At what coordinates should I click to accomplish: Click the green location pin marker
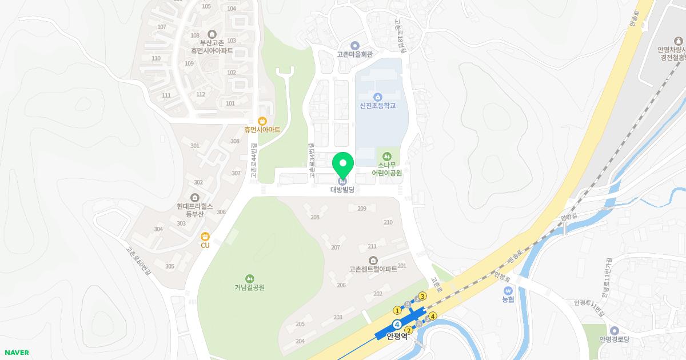coord(343,165)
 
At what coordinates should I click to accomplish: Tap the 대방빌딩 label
coord(342,190)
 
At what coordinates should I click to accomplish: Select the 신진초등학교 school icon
coord(377,96)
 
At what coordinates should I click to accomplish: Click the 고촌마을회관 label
coord(354,55)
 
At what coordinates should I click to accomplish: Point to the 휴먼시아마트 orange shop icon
coord(262,121)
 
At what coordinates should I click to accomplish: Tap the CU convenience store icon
coord(205,236)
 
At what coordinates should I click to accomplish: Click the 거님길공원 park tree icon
coord(249,278)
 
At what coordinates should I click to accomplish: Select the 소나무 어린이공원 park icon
coord(387,155)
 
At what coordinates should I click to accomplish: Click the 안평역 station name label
coord(397,336)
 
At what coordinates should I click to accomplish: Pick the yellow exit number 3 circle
coord(422,296)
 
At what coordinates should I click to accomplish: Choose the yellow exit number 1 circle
coord(397,310)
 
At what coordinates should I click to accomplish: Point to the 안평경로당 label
coord(614,339)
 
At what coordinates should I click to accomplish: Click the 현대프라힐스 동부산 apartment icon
coord(195,198)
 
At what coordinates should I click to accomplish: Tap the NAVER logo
coord(15,353)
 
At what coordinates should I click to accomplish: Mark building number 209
coord(361,209)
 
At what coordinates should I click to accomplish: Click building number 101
coord(230,103)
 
